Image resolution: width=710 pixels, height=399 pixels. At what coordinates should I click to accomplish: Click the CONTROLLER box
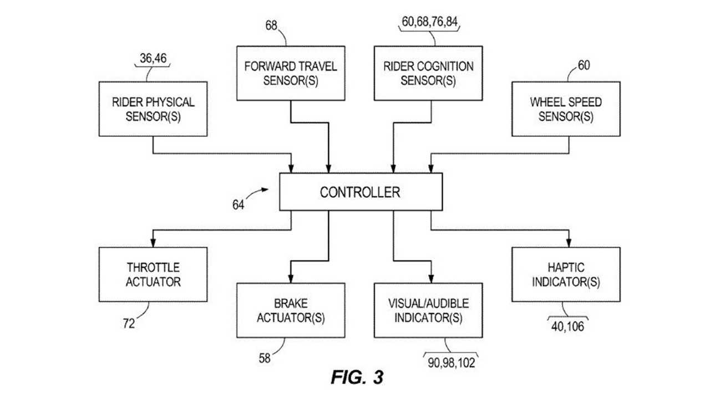[361, 192]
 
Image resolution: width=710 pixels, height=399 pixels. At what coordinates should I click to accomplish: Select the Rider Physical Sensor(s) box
[153, 109]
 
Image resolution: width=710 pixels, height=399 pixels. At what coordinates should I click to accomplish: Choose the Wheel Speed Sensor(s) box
[566, 109]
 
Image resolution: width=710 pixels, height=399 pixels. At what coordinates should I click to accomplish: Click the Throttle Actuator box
[153, 274]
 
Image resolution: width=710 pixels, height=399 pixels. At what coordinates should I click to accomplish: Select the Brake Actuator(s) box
[291, 310]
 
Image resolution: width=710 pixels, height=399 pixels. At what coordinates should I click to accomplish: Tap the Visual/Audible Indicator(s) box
[428, 310]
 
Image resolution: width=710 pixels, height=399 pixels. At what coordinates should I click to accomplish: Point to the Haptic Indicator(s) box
[566, 274]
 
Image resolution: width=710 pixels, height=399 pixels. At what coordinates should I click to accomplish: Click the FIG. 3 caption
[357, 377]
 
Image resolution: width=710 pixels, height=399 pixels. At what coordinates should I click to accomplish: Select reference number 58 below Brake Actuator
[265, 359]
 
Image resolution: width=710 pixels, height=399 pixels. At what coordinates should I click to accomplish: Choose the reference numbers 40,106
[567, 326]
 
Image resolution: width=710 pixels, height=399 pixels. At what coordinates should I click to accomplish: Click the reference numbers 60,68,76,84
[430, 22]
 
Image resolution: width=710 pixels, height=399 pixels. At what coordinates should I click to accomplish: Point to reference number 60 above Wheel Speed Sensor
[584, 65]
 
